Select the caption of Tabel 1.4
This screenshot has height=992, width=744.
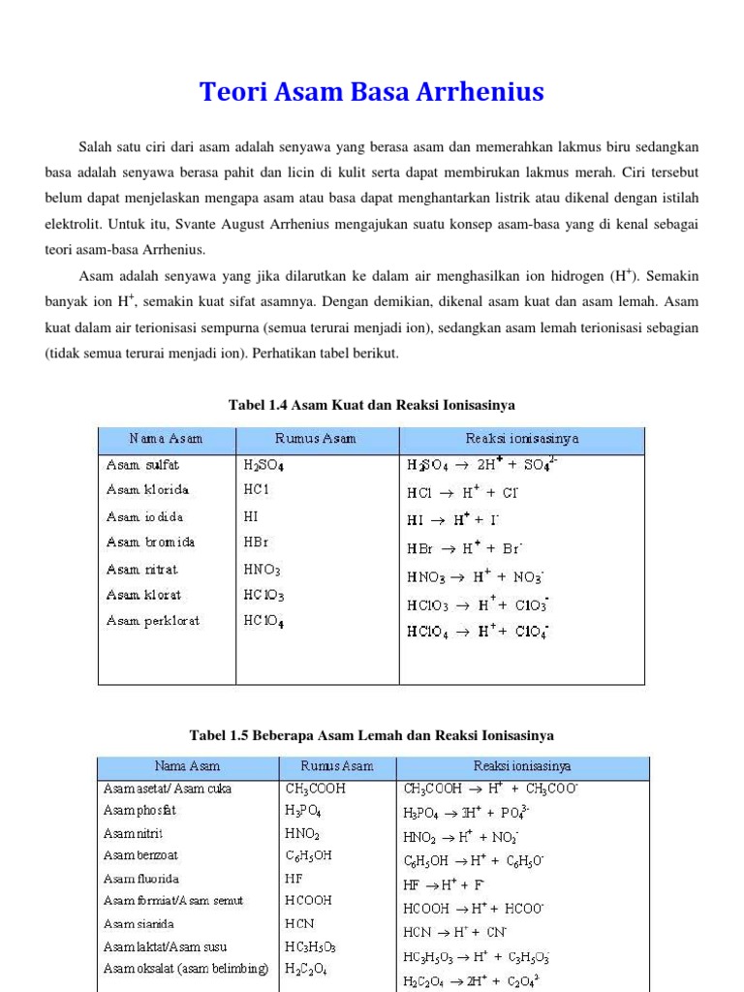tap(371, 404)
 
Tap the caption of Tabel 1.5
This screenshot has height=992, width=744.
tap(372, 735)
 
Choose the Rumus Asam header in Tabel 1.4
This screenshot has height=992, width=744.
tap(316, 439)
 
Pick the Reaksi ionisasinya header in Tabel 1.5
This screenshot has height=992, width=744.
tap(522, 766)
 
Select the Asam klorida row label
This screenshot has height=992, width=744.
tap(147, 491)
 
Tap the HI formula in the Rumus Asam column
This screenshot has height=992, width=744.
tap(251, 517)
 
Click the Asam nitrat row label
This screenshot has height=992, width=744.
tap(142, 570)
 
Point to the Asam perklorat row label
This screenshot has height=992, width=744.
tap(152, 621)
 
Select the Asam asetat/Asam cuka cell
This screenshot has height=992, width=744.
tap(168, 789)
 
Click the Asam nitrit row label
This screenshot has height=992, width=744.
tap(134, 833)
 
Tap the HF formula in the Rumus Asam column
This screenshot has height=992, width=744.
tap(294, 879)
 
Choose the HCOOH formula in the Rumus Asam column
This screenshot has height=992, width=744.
tap(310, 901)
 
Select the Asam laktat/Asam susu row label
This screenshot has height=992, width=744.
tap(166, 946)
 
